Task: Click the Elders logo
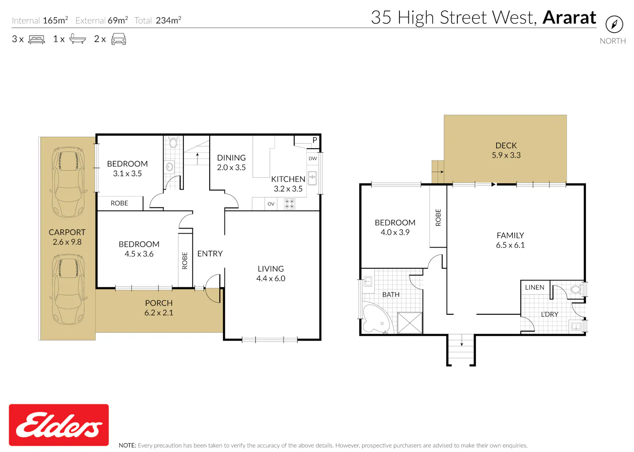click(59, 425)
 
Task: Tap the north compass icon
click(614, 25)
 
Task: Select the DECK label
click(506, 145)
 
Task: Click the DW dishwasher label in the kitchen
click(313, 158)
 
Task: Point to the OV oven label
click(271, 204)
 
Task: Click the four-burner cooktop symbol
click(289, 204)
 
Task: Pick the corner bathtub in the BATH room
click(377, 317)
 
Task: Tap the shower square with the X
click(410, 322)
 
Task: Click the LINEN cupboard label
click(535, 287)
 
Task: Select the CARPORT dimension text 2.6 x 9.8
click(67, 242)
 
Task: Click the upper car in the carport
click(68, 182)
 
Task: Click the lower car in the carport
click(68, 289)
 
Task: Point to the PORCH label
click(159, 303)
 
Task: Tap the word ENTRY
click(210, 253)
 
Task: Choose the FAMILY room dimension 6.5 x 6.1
click(510, 245)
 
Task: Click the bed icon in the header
click(36, 39)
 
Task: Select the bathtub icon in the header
click(77, 38)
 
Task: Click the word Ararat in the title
click(569, 18)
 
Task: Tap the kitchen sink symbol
click(312, 178)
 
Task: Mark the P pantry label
click(315, 140)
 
